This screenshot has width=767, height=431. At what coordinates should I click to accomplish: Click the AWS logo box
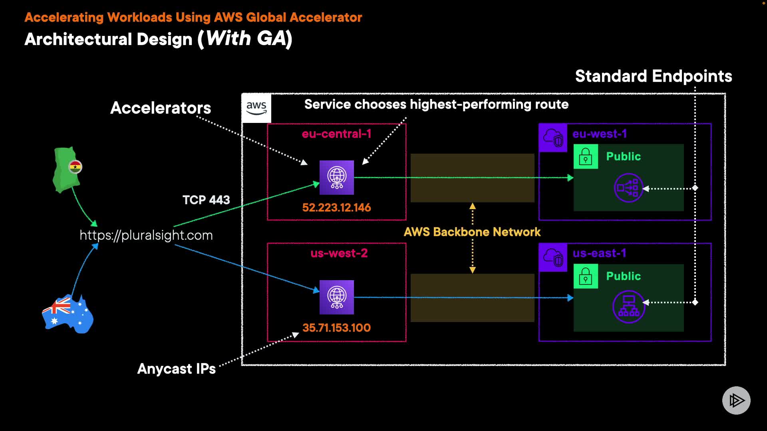click(256, 108)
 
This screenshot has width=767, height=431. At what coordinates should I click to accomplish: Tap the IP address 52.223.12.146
click(336, 208)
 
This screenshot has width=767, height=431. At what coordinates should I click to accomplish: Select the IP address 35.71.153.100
click(336, 328)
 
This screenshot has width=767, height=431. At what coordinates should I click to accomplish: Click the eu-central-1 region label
click(336, 134)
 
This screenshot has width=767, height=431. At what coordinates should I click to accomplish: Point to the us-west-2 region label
click(339, 253)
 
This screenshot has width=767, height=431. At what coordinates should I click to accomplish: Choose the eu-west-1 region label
click(599, 134)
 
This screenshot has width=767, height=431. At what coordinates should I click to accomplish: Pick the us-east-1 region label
click(599, 253)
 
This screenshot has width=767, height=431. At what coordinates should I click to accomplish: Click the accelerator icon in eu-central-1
click(337, 178)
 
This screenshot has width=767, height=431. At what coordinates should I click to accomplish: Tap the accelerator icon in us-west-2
click(337, 297)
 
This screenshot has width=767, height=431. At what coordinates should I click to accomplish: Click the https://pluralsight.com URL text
click(146, 235)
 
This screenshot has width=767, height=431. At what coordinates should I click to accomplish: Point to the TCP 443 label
click(206, 200)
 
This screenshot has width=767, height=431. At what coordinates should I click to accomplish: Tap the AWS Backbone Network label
click(472, 232)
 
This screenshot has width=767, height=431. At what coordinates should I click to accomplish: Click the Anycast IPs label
click(176, 369)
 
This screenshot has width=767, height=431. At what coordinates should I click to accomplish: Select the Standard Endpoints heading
click(654, 76)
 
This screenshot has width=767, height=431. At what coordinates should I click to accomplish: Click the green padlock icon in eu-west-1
click(586, 156)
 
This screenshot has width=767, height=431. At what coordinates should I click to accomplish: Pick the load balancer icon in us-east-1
click(629, 306)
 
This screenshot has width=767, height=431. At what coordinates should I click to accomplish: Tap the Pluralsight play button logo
click(736, 400)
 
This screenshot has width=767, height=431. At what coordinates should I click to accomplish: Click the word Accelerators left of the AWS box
click(161, 108)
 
